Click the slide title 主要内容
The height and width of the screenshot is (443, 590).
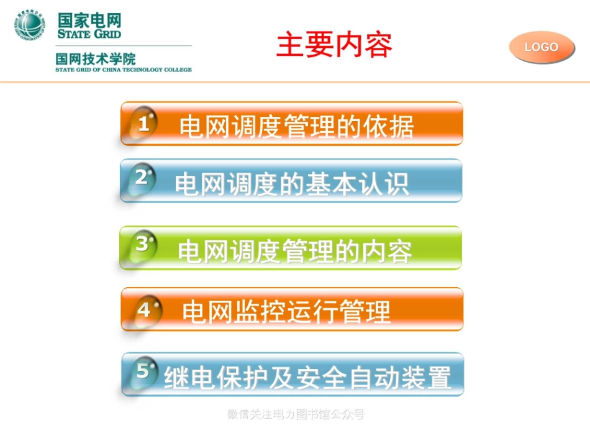334,45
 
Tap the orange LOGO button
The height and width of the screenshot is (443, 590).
542,47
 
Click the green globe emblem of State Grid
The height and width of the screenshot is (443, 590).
30,26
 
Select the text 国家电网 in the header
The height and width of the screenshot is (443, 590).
89,19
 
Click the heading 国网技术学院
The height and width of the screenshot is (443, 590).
96,59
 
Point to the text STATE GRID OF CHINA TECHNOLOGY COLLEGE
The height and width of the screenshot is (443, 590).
123,70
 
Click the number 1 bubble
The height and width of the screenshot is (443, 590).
143,124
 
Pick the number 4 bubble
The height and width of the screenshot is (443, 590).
144,309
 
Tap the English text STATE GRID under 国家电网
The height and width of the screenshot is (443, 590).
89,34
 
